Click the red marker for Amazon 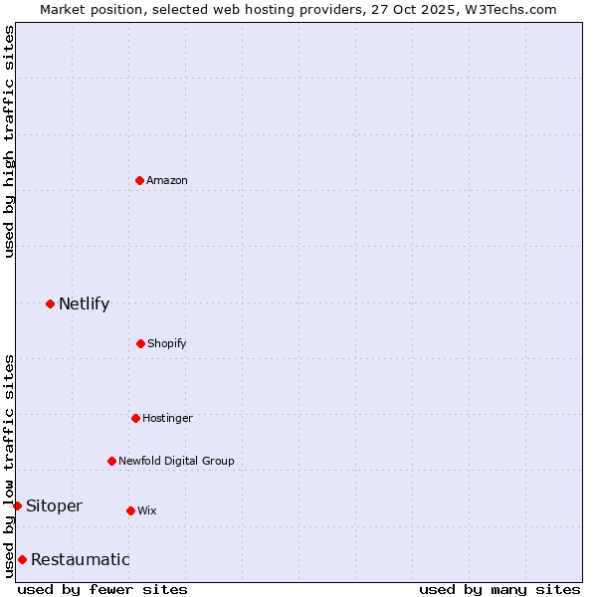(139, 180)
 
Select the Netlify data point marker (50, 303)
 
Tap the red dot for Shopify (140, 343)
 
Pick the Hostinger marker (135, 418)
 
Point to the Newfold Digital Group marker (111, 461)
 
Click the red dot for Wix (130, 510)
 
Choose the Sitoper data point (17, 505)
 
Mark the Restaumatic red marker (22, 559)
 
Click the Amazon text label (167, 180)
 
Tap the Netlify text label (84, 303)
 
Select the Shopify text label (167, 343)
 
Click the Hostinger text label (167, 418)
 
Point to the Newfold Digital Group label (176, 461)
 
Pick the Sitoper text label (54, 505)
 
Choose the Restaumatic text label (80, 559)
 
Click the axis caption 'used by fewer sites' (102, 589)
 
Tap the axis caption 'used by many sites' (499, 589)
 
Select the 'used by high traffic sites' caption (9, 141)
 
